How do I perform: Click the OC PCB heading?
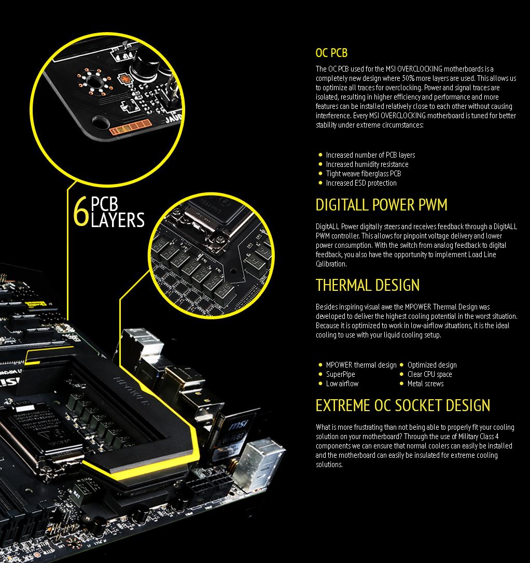pos(331,53)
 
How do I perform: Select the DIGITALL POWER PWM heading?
pos(381,205)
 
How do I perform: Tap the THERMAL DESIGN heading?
pos(368,285)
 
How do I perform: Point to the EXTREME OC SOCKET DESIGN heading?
pos(403,405)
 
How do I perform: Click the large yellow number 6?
pos(81,212)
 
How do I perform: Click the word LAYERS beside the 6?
pos(118,220)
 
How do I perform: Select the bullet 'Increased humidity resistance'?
pos(367,164)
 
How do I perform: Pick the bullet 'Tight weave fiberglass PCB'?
pos(364,174)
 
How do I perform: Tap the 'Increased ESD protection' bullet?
pos(361,183)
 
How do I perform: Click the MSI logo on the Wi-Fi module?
pos(238,425)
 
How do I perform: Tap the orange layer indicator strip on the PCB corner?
pos(130,127)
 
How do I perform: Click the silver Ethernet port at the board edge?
pos(260,463)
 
